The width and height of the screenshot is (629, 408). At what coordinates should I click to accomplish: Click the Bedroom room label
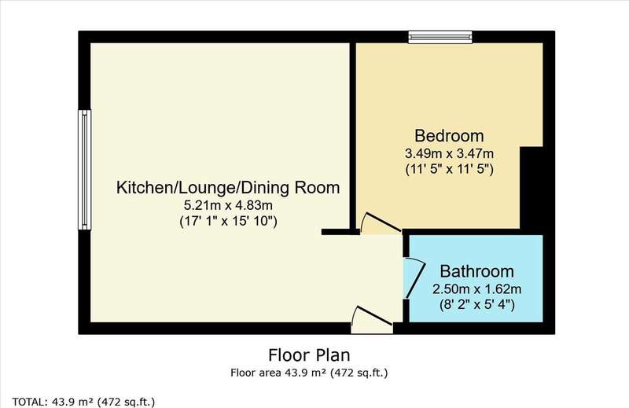449,135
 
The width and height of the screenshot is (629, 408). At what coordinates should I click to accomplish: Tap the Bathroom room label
476,271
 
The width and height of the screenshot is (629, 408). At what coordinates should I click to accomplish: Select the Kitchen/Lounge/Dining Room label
228,188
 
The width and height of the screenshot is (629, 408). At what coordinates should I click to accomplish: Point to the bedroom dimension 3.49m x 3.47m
449,153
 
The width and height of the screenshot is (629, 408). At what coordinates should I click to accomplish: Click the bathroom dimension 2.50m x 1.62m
477,289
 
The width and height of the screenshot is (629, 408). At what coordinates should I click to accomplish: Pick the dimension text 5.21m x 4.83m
228,205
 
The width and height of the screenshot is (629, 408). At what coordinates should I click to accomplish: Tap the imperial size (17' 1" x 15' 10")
228,222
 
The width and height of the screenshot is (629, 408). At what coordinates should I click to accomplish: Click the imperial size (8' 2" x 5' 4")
477,305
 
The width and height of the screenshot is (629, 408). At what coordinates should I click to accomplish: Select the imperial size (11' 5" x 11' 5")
449,169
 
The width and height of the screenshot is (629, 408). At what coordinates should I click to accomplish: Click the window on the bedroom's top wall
440,37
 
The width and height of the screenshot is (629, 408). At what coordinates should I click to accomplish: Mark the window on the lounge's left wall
84,170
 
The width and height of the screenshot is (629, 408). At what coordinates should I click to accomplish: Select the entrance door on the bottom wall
372,320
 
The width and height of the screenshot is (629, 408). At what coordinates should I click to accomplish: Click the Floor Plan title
309,355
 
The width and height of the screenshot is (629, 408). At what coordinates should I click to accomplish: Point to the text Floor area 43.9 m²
278,373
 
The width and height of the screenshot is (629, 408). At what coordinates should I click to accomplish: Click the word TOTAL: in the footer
28,402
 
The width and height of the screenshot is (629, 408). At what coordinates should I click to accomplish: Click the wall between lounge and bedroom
353,137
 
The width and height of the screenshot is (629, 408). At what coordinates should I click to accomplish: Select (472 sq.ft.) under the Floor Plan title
359,373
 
